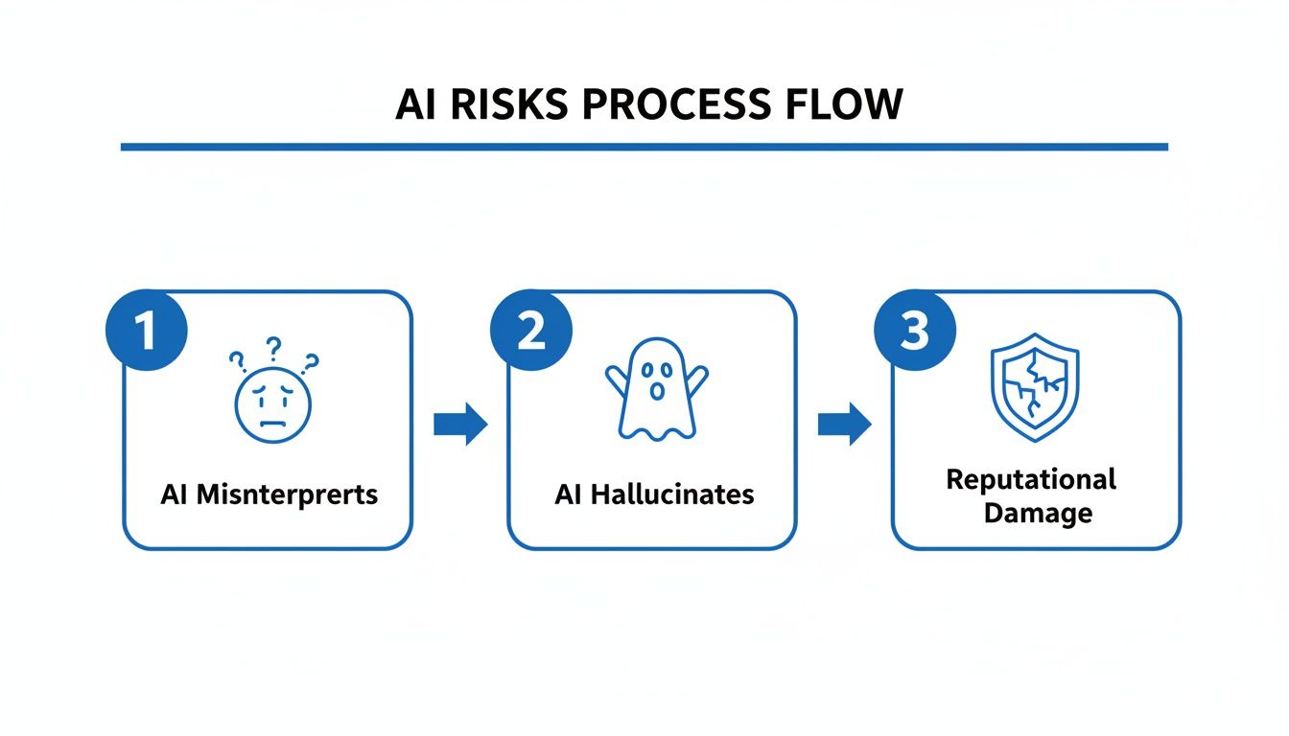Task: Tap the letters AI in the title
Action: click(x=415, y=104)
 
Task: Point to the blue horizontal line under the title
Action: click(x=644, y=147)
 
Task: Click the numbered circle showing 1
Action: click(x=146, y=332)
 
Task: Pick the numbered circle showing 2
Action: click(x=530, y=332)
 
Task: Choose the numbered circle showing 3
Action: click(x=914, y=332)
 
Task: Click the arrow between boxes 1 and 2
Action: click(x=460, y=423)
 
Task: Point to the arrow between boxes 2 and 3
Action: click(x=844, y=423)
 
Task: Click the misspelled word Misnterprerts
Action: click(x=293, y=494)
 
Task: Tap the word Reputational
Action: click(x=1031, y=478)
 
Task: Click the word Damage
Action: click(x=1038, y=513)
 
